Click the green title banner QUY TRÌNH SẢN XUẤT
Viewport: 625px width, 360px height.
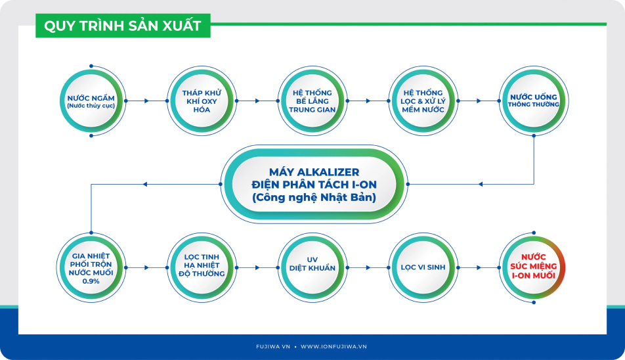(123, 26)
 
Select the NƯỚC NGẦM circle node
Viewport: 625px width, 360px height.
(91, 101)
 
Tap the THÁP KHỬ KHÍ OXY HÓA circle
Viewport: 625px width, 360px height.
(202, 101)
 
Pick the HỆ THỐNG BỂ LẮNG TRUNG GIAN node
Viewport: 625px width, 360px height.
(312, 101)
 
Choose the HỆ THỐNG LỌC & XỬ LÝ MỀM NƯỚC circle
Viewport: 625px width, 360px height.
(423, 101)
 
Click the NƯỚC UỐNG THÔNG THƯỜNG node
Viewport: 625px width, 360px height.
(534, 101)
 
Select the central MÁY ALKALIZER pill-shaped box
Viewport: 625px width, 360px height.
(314, 184)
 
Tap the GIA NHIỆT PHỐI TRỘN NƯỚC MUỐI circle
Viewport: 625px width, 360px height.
(91, 267)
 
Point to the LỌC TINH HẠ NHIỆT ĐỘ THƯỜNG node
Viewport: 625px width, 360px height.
(202, 267)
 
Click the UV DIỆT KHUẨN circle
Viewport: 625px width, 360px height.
(312, 267)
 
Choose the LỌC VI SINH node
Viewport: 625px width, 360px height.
(423, 267)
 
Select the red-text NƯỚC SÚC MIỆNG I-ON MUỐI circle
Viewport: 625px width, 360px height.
(534, 267)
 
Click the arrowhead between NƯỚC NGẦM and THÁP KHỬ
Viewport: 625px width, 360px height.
(146, 101)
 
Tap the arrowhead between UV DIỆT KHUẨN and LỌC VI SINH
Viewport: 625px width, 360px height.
(368, 267)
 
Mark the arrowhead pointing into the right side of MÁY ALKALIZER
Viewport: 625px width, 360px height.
(481, 184)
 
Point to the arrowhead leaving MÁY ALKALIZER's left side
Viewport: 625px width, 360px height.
(145, 184)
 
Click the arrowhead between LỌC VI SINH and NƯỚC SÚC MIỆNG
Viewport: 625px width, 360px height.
(479, 267)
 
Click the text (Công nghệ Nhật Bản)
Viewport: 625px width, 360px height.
(314, 197)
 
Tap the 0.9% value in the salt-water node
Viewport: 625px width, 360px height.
(91, 281)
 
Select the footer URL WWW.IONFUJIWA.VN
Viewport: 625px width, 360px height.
(334, 347)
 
